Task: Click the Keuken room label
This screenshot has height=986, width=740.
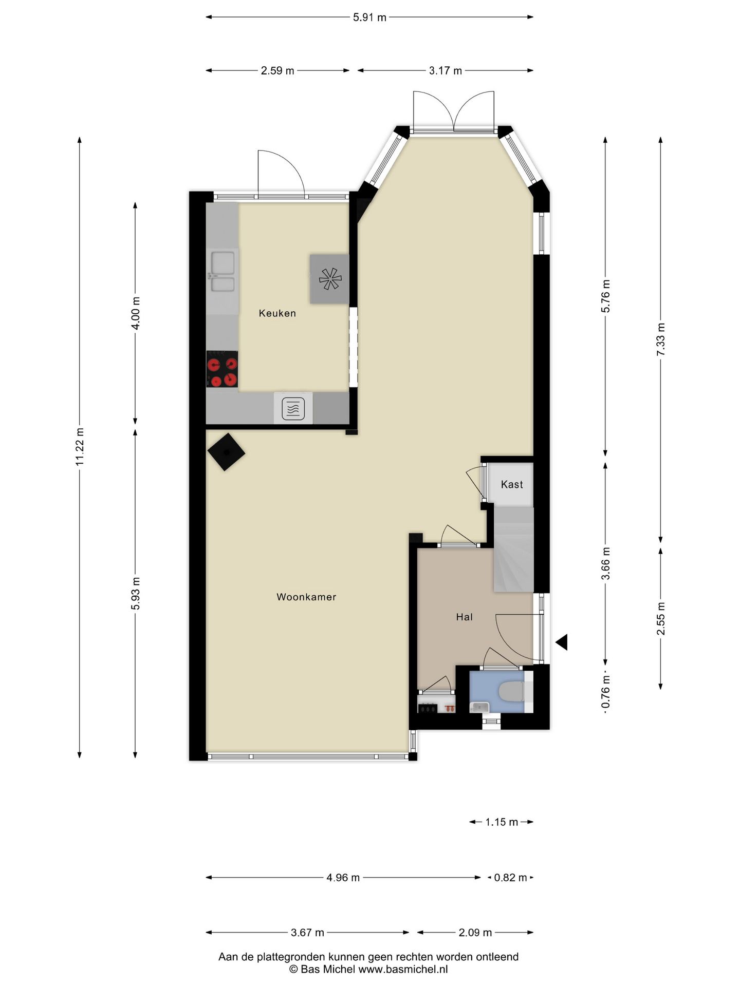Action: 277,313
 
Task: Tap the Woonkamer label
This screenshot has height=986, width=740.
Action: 306,597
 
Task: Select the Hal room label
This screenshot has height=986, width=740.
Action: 465,617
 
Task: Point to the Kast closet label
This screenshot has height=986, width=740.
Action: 512,484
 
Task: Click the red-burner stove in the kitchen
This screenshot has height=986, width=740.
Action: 222,369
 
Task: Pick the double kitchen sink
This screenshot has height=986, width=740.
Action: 223,271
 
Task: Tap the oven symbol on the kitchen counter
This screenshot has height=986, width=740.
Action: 293,409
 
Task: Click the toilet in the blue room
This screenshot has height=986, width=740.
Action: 512,691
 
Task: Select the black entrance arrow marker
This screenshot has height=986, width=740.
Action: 562,642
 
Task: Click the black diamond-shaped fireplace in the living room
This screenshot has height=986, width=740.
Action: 226,452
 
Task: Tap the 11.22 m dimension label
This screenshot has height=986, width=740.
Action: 79,447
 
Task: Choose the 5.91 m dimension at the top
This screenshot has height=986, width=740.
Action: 369,17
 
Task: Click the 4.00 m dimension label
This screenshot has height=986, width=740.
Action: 136,313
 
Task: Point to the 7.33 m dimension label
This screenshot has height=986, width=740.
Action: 661,339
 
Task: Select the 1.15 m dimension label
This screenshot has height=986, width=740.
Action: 502,822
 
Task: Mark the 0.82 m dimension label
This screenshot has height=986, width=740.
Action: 510,878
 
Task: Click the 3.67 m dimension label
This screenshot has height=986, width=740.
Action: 307,933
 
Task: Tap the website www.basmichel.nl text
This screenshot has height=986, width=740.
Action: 403,970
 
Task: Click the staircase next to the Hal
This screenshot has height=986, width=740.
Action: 514,549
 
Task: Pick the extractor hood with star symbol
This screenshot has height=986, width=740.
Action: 329,279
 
